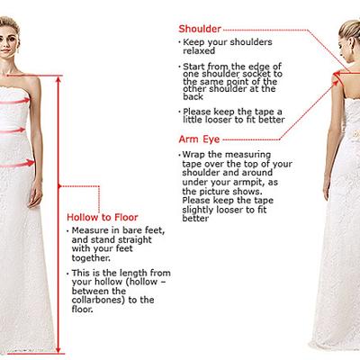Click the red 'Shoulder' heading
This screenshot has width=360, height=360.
click(x=200, y=29)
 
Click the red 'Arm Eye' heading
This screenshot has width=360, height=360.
click(x=199, y=139)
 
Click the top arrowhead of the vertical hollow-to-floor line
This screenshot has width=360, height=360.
click(x=59, y=79)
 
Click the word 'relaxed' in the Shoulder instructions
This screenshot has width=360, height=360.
click(x=199, y=51)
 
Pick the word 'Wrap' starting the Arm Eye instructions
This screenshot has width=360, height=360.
click(x=193, y=155)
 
